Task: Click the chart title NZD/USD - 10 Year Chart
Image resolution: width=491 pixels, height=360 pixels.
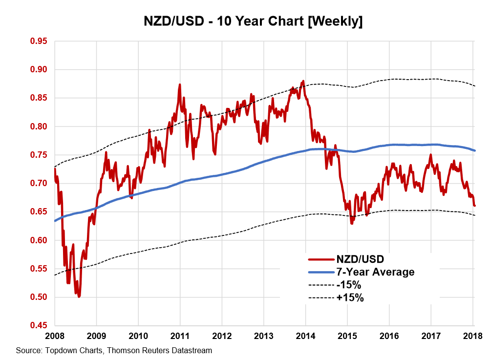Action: pos(253,22)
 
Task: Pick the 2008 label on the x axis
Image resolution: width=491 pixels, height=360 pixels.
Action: pos(55,336)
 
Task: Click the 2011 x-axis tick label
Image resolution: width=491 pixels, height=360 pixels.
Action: pos(180,336)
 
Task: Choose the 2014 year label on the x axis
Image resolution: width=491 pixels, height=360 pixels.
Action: pos(305,336)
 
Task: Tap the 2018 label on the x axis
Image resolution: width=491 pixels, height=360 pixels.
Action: pos(472,336)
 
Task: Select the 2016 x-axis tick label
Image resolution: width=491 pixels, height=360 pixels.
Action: pos(389,336)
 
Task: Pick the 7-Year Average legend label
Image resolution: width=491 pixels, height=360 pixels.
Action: pos(375,272)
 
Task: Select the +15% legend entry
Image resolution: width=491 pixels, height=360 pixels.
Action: pos(349,297)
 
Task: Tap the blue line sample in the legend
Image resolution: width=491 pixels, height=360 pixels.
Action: pos(320,272)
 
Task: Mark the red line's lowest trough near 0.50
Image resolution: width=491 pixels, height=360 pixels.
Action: pos(79,296)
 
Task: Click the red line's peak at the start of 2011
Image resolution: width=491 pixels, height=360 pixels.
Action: pos(180,85)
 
